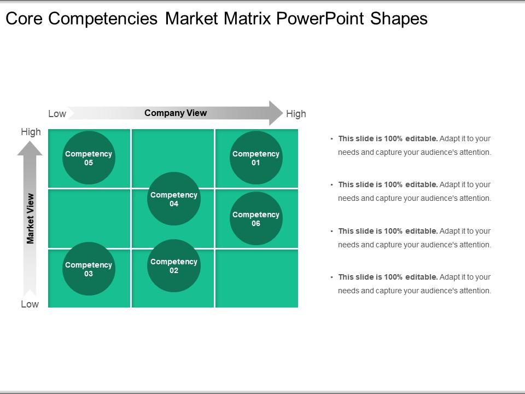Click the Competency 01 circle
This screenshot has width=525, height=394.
tap(256, 158)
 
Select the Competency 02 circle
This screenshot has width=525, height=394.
tap(174, 266)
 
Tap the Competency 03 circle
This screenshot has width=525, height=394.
tap(89, 269)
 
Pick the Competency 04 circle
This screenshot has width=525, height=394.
tap(174, 199)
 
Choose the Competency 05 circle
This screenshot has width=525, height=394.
tap(89, 158)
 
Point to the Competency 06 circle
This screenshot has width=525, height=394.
tap(256, 218)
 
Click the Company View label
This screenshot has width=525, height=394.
tap(176, 113)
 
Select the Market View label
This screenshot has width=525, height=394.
tap(31, 218)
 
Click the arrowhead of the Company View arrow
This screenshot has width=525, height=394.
tap(275, 113)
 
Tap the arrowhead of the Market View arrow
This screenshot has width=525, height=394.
tap(30, 147)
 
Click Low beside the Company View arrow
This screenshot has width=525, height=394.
tap(57, 114)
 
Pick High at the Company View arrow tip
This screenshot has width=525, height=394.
tap(296, 114)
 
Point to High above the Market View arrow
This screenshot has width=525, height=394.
tap(31, 132)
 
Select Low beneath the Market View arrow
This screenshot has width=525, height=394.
tap(30, 304)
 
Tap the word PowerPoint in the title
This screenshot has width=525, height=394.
tap(320, 19)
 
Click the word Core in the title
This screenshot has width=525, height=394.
tap(25, 19)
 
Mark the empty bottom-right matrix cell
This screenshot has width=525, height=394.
tap(257, 279)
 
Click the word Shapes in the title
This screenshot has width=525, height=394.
tap(399, 19)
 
